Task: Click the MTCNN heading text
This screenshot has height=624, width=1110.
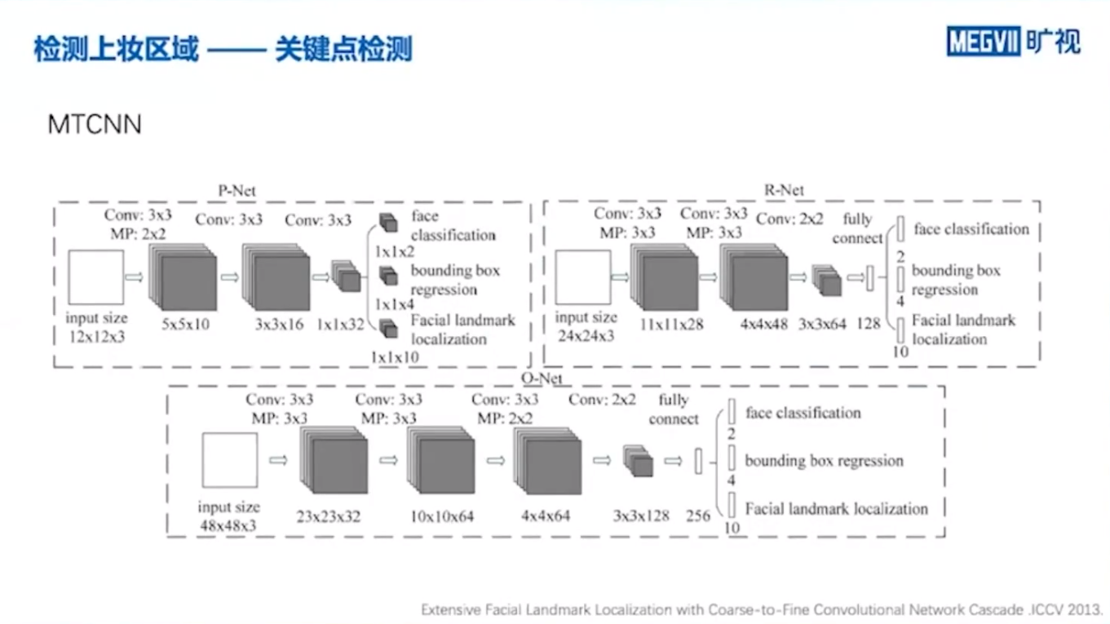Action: pyautogui.click(x=95, y=125)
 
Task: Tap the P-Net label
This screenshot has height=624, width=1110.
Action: pyautogui.click(x=237, y=191)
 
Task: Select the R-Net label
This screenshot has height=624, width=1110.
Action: pyautogui.click(x=784, y=190)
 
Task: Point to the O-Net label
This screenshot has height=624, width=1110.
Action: pyautogui.click(x=542, y=378)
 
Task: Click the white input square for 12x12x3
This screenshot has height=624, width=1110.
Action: pyautogui.click(x=96, y=277)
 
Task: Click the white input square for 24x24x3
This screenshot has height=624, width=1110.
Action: pyautogui.click(x=582, y=277)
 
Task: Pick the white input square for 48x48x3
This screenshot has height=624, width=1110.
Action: pyautogui.click(x=229, y=460)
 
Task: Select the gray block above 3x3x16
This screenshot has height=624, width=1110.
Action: pyautogui.click(x=277, y=278)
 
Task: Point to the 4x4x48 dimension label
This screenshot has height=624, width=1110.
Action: pyautogui.click(x=763, y=323)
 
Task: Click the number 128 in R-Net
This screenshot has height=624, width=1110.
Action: pyautogui.click(x=868, y=323)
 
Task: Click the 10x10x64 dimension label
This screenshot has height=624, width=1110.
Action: pyautogui.click(x=443, y=516)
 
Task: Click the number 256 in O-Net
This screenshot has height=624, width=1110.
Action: pyautogui.click(x=698, y=516)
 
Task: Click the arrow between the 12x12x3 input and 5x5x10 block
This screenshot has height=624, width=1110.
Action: pyautogui.click(x=134, y=277)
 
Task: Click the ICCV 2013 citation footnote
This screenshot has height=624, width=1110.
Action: pyautogui.click(x=762, y=609)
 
